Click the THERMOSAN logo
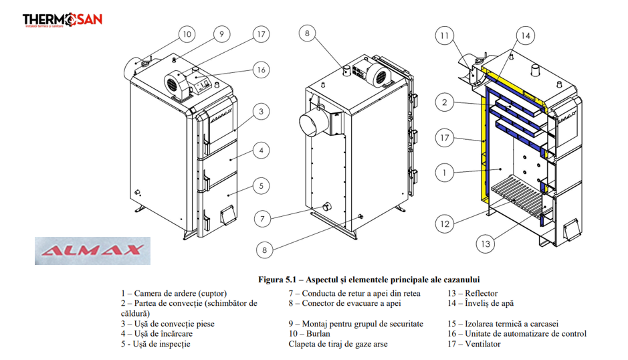point(62,21)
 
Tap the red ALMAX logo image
point(92,251)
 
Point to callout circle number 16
point(261,69)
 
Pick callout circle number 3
point(261,111)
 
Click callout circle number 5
point(261,185)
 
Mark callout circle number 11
point(446,35)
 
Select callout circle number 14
point(526,35)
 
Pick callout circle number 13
point(486,244)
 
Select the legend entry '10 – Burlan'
point(312,333)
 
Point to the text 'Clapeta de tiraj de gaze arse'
point(338,344)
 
